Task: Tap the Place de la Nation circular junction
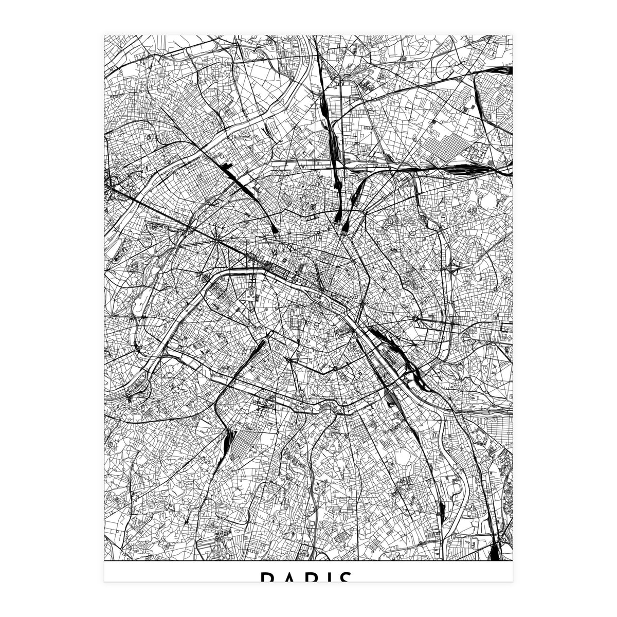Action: [414, 319]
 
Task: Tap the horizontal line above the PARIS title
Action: [308, 561]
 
